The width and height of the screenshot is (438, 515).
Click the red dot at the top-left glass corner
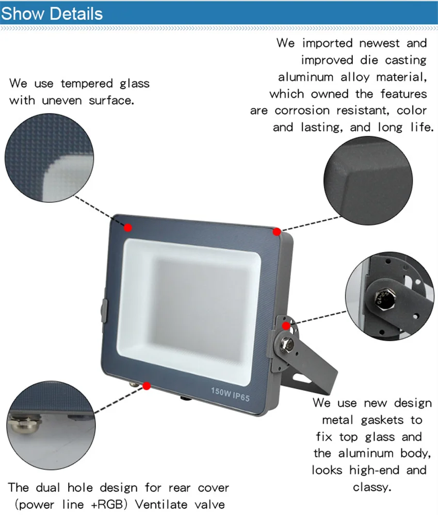[x=127, y=228]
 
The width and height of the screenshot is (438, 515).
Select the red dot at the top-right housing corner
[x=277, y=232]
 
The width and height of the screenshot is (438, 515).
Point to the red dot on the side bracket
[x=286, y=326]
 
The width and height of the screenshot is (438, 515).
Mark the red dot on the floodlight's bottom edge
[x=147, y=385]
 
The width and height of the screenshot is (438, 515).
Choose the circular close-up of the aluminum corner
[x=368, y=181]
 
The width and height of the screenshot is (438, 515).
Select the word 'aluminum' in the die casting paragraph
[x=306, y=77]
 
